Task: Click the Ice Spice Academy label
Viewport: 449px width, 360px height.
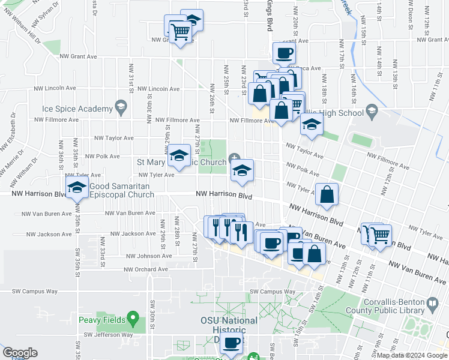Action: tap(77, 109)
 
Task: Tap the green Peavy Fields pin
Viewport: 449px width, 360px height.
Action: tap(133, 317)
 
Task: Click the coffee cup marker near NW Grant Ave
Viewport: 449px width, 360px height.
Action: tap(284, 53)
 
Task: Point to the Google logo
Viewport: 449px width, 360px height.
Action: tap(20, 353)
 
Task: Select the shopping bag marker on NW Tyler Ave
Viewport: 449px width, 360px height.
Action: tap(327, 194)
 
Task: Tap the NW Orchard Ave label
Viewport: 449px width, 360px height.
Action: tap(145, 269)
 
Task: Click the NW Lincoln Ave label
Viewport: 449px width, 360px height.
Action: tap(158, 89)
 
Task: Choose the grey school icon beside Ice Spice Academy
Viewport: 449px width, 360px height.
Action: tap(121, 108)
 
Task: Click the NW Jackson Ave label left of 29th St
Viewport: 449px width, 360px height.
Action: tap(130, 233)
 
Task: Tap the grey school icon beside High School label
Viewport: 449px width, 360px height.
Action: tap(372, 111)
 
